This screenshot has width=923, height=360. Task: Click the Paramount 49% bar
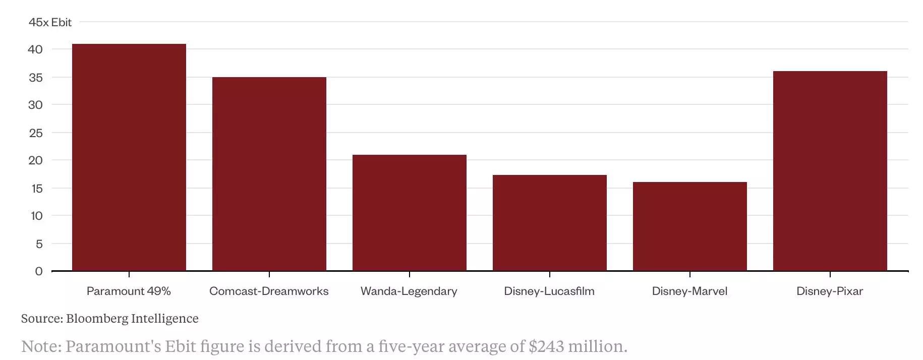click(129, 157)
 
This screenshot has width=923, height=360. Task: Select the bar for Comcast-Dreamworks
click(269, 174)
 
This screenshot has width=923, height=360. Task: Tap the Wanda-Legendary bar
click(410, 213)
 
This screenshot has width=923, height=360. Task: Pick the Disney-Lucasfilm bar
click(550, 223)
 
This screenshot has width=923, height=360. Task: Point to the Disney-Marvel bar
click(690, 226)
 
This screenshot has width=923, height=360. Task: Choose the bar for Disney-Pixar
click(830, 171)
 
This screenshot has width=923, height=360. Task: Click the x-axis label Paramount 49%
click(129, 291)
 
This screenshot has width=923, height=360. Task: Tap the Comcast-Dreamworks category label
click(269, 291)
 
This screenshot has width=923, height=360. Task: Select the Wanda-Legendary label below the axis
click(409, 291)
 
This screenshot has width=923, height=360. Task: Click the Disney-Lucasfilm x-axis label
click(549, 291)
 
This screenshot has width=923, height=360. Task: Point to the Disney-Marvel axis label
click(689, 291)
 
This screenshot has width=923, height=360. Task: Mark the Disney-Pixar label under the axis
click(830, 291)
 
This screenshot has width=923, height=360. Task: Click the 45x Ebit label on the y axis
click(50, 22)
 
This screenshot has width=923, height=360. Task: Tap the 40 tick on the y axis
click(35, 49)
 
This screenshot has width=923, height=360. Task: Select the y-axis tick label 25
click(35, 133)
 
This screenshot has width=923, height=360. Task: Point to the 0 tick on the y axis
click(39, 271)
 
